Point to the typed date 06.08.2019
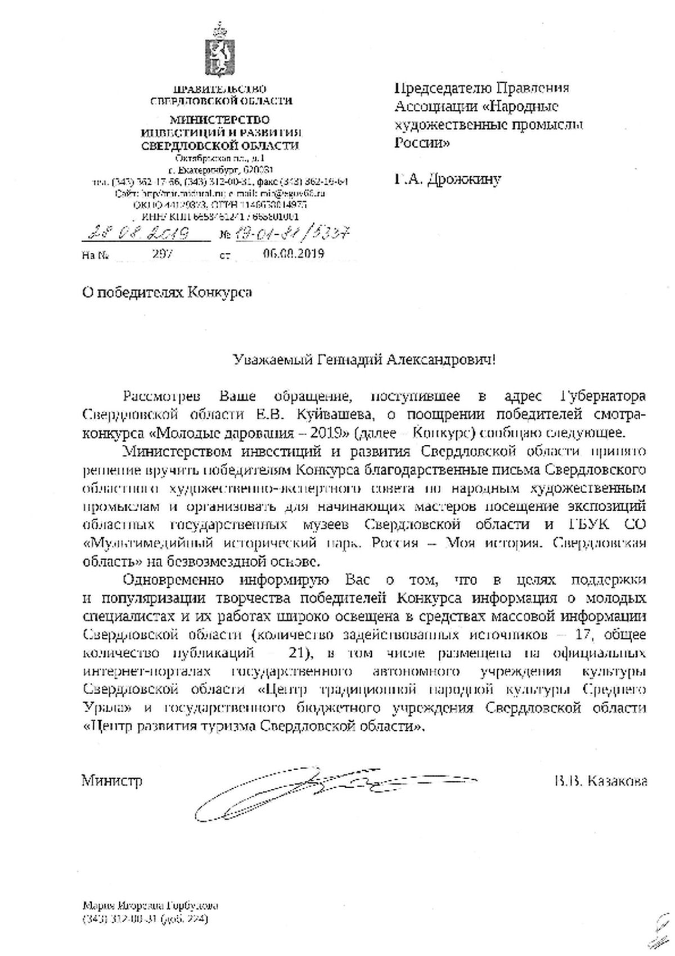(x=293, y=253)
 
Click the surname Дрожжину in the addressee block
(x=464, y=180)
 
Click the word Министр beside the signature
(x=111, y=781)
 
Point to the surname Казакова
(x=619, y=781)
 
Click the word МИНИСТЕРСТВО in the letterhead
(x=220, y=119)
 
